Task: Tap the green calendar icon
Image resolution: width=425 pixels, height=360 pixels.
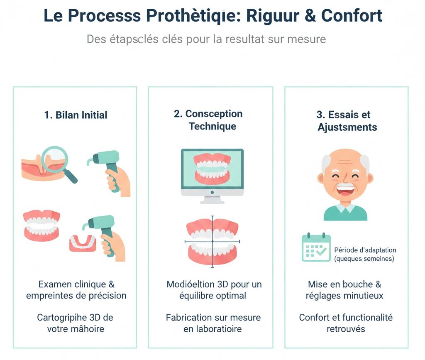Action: pos(316,248)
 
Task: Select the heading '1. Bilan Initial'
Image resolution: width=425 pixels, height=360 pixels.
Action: pos(76,115)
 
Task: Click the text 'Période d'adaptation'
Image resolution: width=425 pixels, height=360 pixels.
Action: pos(365,250)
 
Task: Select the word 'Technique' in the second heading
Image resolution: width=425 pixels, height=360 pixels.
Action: pos(212,126)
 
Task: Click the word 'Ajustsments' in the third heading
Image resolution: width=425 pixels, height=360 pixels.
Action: pos(347,127)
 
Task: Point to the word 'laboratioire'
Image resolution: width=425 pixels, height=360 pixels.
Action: pos(220,329)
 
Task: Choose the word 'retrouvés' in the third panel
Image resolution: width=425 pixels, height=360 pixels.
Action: pos(346,329)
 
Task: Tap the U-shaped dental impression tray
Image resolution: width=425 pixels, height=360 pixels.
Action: pos(83,243)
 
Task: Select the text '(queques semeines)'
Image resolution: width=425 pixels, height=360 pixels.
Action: pos(364,259)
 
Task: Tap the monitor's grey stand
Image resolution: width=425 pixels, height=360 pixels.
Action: pos(212,199)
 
